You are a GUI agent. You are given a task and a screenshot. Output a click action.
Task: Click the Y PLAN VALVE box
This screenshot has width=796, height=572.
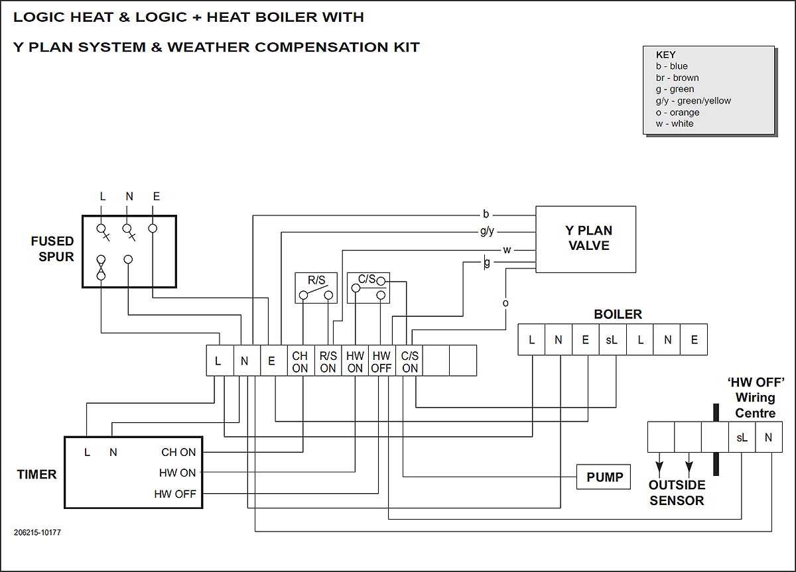586,239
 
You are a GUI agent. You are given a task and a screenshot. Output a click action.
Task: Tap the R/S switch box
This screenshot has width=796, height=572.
316,288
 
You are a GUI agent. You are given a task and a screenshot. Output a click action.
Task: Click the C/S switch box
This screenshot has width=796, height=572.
368,288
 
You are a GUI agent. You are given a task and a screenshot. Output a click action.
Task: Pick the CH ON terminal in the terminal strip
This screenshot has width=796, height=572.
300,361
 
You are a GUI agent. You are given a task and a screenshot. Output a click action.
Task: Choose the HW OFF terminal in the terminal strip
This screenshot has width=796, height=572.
381,361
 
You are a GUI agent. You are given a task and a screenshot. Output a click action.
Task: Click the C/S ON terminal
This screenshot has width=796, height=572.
409,361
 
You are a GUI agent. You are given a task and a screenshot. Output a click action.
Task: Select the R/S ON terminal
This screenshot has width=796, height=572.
328,361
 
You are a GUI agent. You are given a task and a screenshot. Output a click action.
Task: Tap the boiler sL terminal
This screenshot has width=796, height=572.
612,340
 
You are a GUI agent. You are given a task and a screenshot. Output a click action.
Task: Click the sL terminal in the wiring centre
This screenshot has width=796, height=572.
742,437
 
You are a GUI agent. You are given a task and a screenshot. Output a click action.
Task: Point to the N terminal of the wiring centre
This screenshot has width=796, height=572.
768,437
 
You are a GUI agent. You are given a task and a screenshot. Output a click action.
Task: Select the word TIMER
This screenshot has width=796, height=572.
36,475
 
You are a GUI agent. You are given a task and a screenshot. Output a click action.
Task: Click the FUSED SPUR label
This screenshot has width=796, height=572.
52,249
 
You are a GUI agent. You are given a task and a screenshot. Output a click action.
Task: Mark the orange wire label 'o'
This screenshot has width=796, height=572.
505,303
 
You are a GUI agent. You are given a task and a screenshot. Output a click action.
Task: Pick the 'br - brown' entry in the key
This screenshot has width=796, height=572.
677,78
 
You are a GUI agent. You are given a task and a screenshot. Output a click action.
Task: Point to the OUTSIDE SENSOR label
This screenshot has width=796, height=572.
677,493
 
